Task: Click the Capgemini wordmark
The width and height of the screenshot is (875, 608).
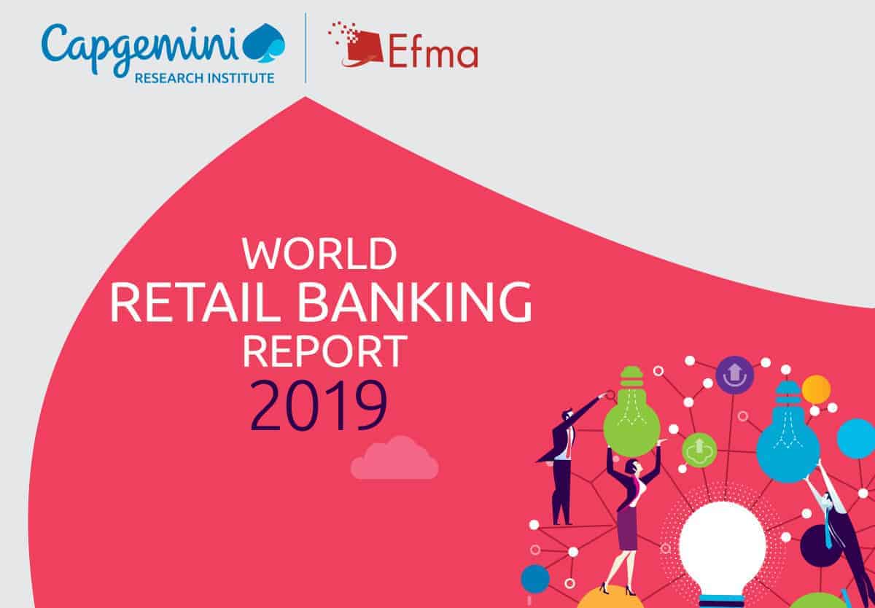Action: pos(140,49)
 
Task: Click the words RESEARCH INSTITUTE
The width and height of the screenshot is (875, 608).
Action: pos(204,78)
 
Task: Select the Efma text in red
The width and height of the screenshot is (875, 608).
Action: pos(433,51)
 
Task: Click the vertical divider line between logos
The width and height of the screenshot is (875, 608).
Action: pos(306,47)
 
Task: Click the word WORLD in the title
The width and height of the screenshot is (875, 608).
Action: pos(319,254)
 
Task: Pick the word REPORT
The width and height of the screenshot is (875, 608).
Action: pos(324,351)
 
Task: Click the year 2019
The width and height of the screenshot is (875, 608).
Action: pos(319,406)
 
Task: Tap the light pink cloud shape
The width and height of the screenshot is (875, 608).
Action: pos(394,458)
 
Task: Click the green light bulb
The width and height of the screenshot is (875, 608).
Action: pos(631,412)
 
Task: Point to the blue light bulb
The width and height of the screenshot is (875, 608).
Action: pos(788,434)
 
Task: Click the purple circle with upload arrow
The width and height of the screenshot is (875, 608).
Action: pos(735,375)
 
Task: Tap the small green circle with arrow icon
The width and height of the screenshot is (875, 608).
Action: pos(699,451)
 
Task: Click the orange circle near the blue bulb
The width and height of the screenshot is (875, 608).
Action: pos(816,389)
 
